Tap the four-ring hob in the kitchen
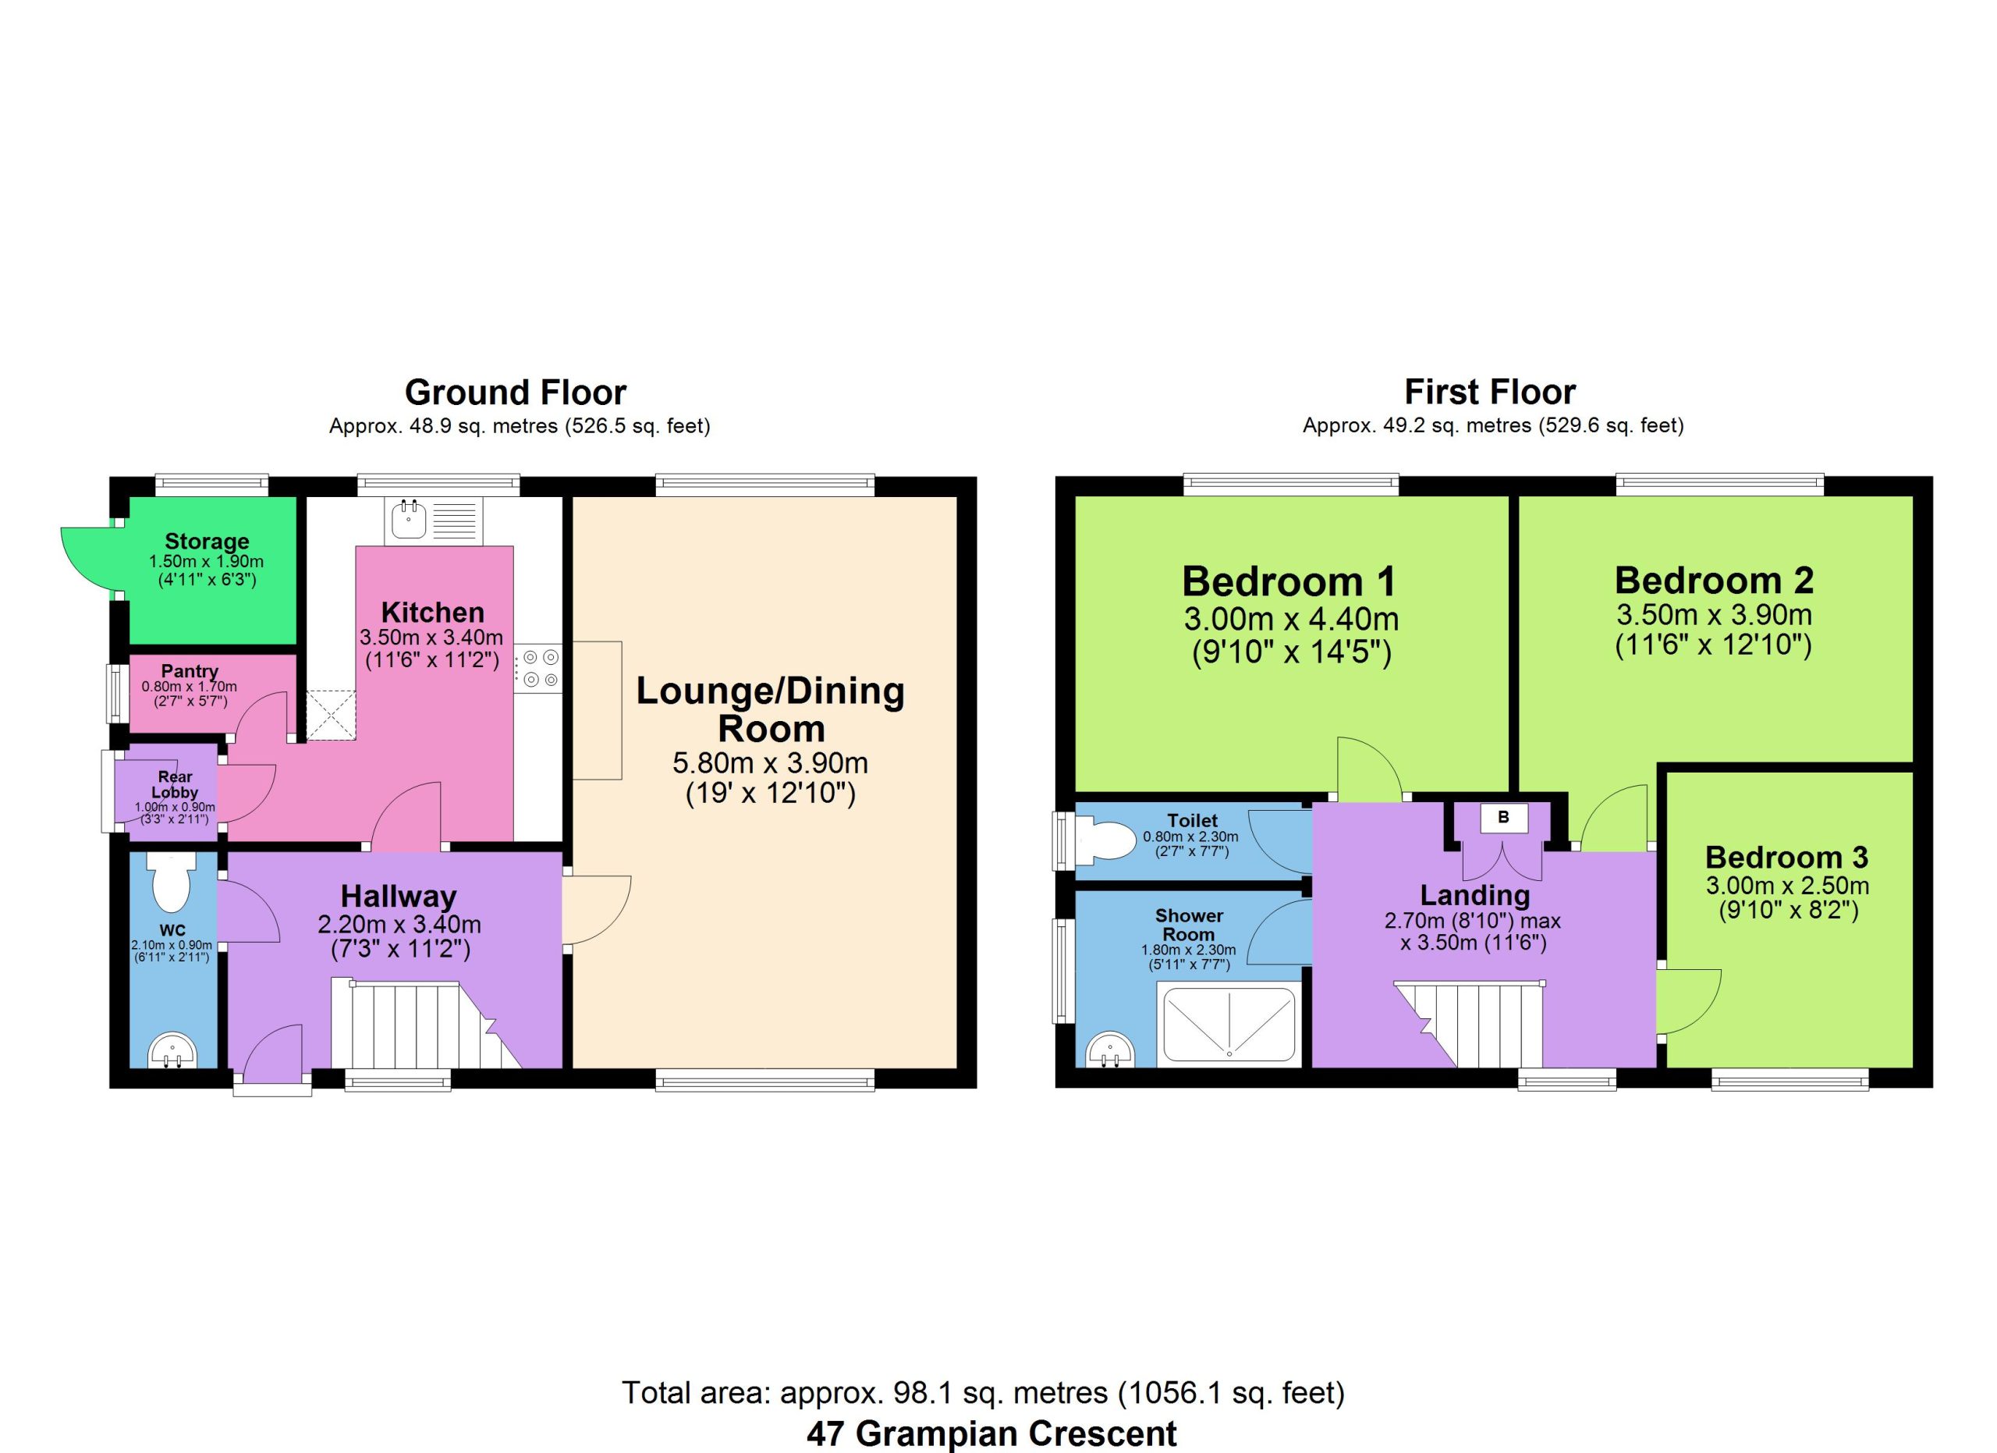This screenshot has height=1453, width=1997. [x=538, y=669]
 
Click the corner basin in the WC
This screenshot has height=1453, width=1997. [x=171, y=1050]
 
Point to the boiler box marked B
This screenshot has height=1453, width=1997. [x=1504, y=817]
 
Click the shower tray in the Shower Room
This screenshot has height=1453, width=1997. [x=1230, y=1023]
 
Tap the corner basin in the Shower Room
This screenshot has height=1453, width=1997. [x=1110, y=1050]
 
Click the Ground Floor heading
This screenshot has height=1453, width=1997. [x=516, y=392]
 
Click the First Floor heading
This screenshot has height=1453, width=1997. [x=1490, y=392]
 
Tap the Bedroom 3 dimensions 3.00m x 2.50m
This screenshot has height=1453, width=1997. [x=1787, y=885]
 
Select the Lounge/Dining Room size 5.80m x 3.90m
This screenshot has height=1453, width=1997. [x=771, y=762]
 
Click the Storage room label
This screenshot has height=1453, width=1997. [x=207, y=542]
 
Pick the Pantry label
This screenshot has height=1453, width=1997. [x=190, y=671]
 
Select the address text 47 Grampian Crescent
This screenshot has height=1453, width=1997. [x=991, y=1433]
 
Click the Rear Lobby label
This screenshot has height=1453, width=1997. [x=176, y=784]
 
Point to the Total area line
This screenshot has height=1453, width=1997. [x=984, y=1392]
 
